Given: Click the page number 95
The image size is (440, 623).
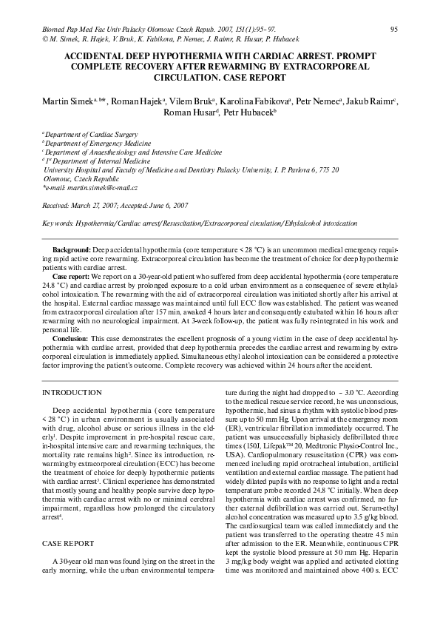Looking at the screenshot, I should click(x=394, y=29).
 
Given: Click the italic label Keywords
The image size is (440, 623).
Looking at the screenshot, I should click(x=58, y=223).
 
